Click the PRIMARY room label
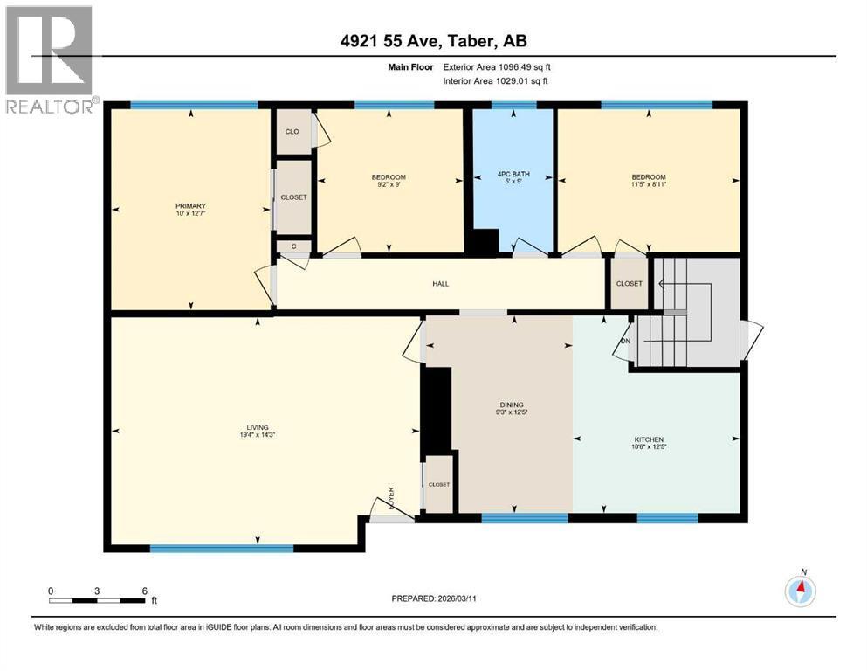189,206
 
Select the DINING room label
512,405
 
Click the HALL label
441,283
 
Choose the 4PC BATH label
513,177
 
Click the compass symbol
800,591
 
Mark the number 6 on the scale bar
144,590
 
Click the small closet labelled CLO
292,132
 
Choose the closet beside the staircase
629,283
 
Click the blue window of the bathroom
513,106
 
